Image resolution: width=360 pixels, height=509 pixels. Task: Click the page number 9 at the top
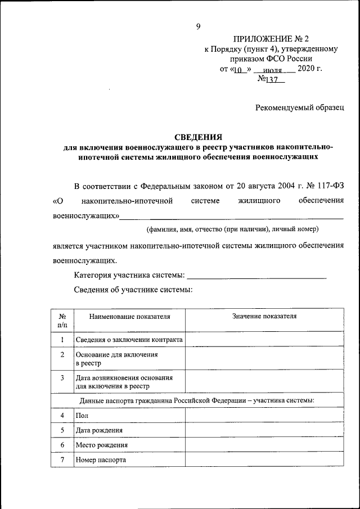pos(198,26)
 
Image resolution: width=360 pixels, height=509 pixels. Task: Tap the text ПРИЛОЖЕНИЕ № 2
pos(271,39)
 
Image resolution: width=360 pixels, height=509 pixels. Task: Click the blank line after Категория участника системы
pos(256,276)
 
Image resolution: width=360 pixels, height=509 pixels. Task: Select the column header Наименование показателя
pos(129,316)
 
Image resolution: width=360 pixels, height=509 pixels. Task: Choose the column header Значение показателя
pos(264,316)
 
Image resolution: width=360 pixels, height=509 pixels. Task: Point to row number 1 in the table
pos(62,339)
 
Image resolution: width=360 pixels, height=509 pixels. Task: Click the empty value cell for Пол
pos(264,415)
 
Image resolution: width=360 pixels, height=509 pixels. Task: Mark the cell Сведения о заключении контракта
pos(129,339)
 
